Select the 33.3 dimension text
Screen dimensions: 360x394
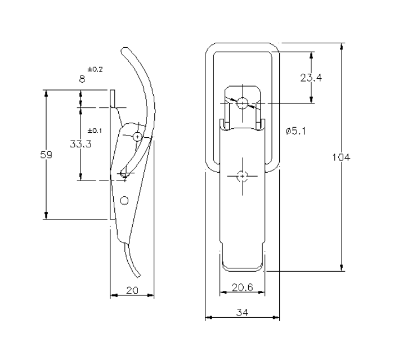point(80,144)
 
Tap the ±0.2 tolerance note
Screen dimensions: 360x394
point(95,69)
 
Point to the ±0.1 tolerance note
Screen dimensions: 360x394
point(95,130)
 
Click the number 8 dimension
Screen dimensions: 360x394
point(82,80)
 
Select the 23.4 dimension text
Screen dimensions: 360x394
point(311,78)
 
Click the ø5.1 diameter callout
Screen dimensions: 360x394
point(295,130)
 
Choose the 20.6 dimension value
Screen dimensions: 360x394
point(242,287)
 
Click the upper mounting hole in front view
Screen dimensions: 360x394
point(242,103)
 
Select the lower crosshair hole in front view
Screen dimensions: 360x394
point(242,176)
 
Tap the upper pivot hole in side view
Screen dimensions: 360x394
point(138,136)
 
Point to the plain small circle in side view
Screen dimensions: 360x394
point(124,200)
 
